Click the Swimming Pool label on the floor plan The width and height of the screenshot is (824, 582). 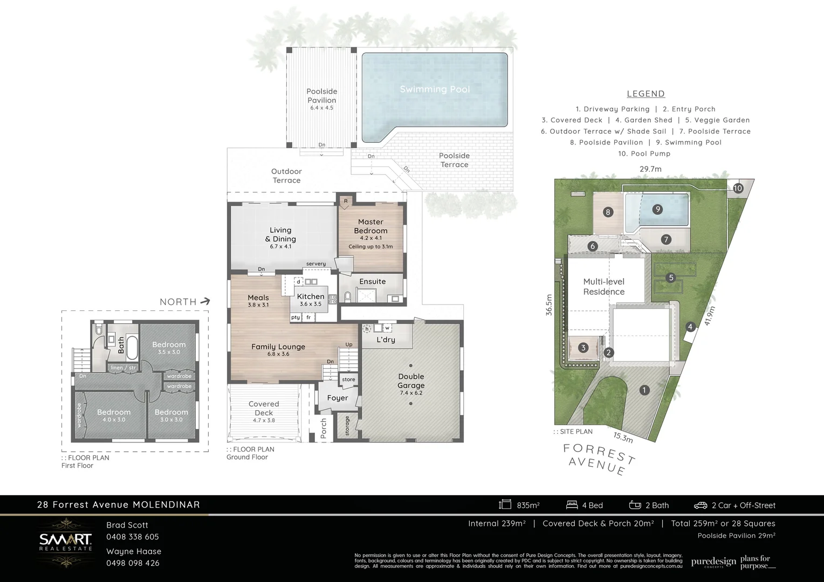tap(435, 89)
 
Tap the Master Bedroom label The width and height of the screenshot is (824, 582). tap(370, 226)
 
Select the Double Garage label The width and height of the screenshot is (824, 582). tap(411, 381)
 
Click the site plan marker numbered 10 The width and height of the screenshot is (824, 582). tap(738, 188)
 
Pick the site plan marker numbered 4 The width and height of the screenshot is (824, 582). tap(690, 327)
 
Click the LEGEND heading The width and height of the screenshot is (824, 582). tap(646, 94)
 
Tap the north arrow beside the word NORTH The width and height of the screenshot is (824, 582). tap(205, 302)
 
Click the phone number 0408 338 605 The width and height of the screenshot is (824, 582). tap(133, 537)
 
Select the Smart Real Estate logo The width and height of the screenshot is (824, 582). tap(65, 542)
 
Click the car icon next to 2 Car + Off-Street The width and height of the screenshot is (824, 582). tap(700, 505)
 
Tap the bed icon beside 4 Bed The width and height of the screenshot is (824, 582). tap(572, 505)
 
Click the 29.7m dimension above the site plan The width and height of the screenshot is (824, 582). tap(650, 169)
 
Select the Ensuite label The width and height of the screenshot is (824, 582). tap(372, 281)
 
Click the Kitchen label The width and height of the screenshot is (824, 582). tap(311, 296)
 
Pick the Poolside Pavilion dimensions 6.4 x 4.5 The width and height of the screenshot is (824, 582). tap(321, 108)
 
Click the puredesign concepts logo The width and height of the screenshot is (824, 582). tap(713, 562)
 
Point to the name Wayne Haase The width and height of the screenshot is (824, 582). tap(134, 551)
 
